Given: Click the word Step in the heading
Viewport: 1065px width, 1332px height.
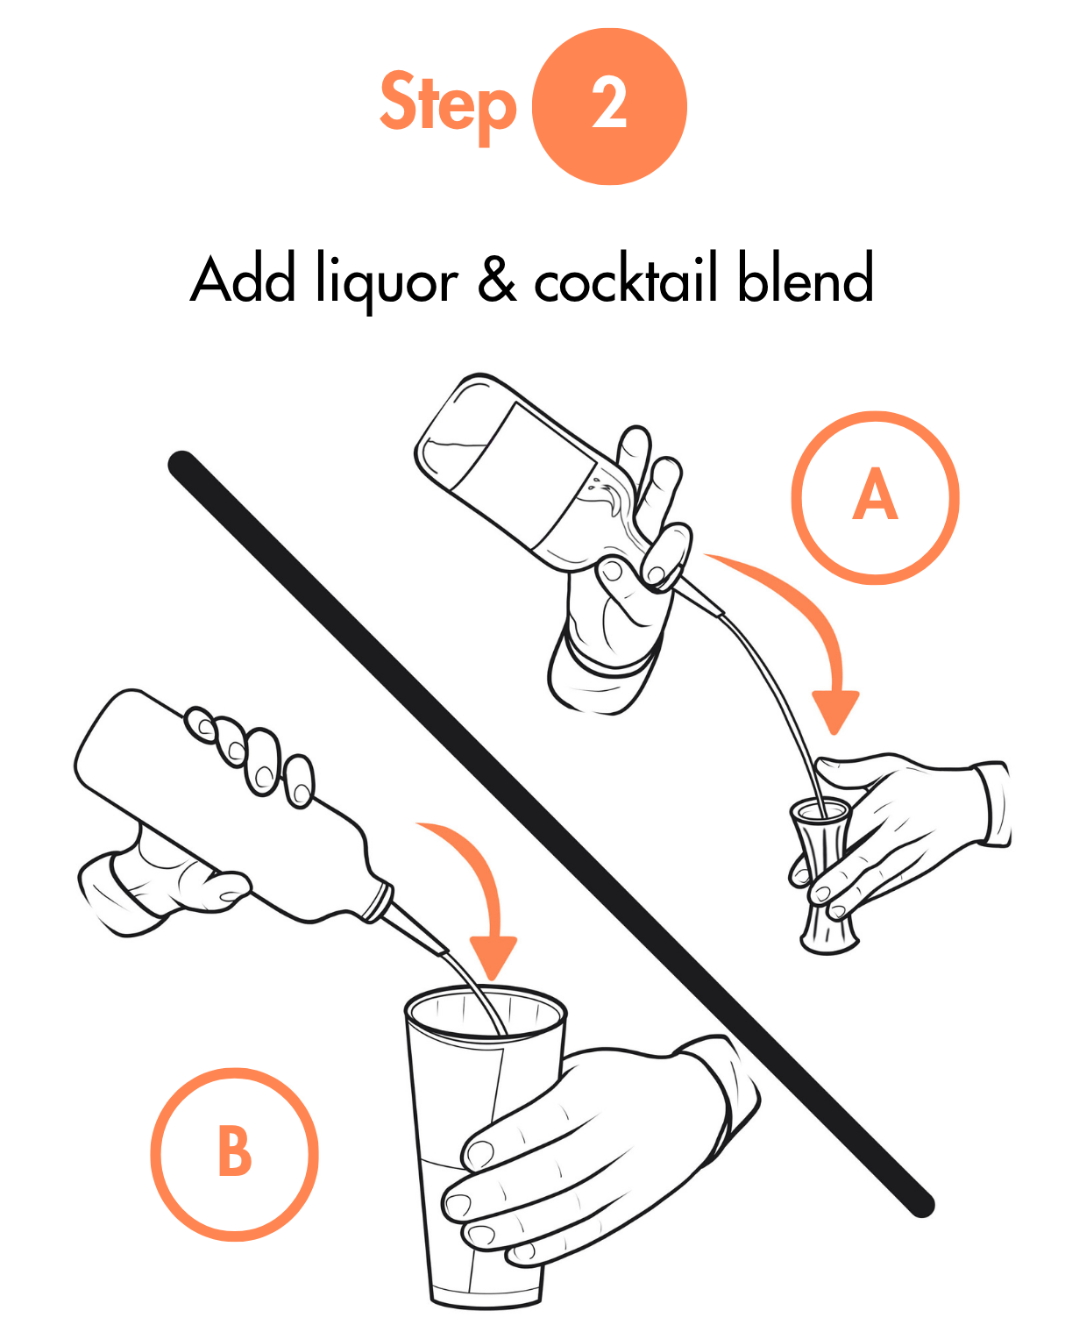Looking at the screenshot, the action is pos(448,106).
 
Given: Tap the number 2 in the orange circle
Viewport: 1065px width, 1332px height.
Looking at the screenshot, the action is pos(609,103).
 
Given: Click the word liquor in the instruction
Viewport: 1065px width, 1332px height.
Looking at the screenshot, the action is pos(387,281).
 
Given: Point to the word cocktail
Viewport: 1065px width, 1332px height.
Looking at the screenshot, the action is pos(626,276).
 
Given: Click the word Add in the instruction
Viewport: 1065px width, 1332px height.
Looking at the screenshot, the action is pos(243,278).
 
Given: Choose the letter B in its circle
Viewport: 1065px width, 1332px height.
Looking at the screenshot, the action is pos(235,1152).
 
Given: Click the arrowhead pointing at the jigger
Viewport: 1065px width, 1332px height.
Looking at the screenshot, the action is pos(835,712).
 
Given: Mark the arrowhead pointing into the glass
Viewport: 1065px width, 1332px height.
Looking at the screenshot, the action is pos(493,958).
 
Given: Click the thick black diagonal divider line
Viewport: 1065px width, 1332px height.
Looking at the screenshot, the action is pos(550,834).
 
